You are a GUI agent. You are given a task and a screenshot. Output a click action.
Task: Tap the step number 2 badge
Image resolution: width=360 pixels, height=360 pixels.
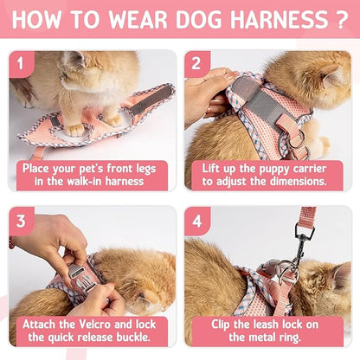(196, 62)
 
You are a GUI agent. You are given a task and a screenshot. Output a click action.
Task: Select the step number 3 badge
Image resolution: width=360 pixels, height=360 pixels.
(21, 220)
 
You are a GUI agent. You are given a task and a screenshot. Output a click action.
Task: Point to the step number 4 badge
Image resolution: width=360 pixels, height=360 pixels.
(196, 220)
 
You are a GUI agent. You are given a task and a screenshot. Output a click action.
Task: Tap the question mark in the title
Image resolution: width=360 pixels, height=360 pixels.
(344, 19)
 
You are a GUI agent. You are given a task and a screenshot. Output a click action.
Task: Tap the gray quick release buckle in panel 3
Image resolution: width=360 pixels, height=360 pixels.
(76, 274)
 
